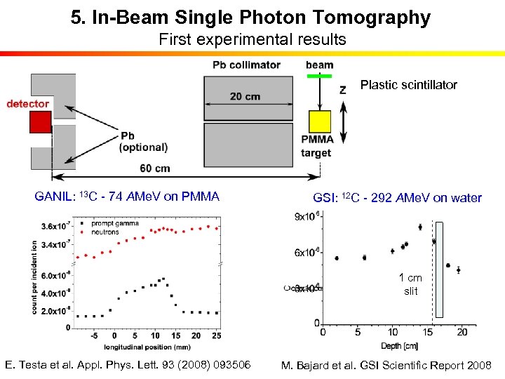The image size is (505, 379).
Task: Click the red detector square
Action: click(40, 123)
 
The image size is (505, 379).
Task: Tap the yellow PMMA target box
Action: click(320, 121)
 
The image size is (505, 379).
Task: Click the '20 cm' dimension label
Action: click(244, 96)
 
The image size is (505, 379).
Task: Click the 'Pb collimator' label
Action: click(246, 65)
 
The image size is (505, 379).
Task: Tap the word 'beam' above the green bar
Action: click(319, 65)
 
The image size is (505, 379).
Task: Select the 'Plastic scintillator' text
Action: click(408, 85)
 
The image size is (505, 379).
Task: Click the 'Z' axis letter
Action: click(342, 90)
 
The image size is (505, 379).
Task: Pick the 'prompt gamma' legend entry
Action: click(120, 223)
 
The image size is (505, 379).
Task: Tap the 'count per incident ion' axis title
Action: click(34, 277)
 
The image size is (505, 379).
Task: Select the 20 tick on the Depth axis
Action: click(462, 331)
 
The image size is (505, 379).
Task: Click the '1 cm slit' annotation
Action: click(410, 284)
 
